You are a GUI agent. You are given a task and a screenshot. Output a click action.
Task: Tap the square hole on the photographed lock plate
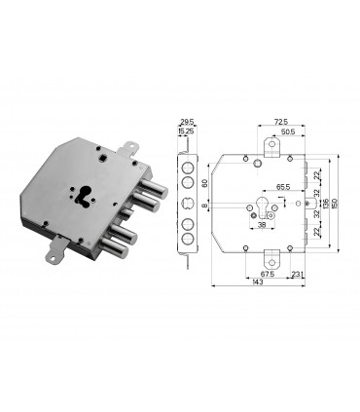click(101, 153)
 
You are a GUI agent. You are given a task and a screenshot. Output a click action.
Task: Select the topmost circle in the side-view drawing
click(186, 164)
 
